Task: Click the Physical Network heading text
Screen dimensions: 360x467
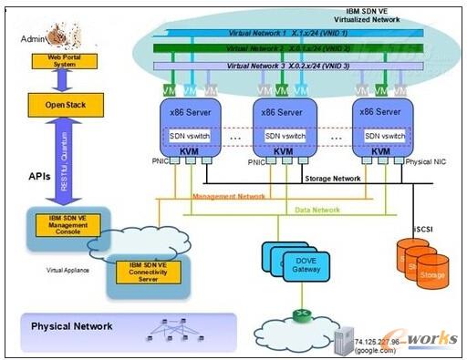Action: click(x=72, y=326)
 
